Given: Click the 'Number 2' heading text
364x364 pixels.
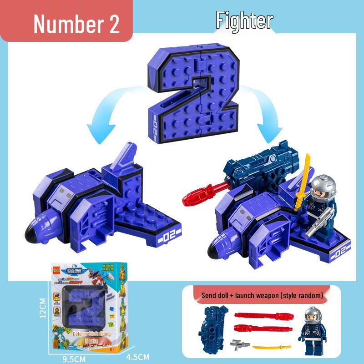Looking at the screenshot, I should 76,24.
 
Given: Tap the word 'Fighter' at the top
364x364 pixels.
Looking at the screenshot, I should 244,20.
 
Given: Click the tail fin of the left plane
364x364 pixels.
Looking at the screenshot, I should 125,154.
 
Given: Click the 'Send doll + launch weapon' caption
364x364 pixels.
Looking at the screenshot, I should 263,296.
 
